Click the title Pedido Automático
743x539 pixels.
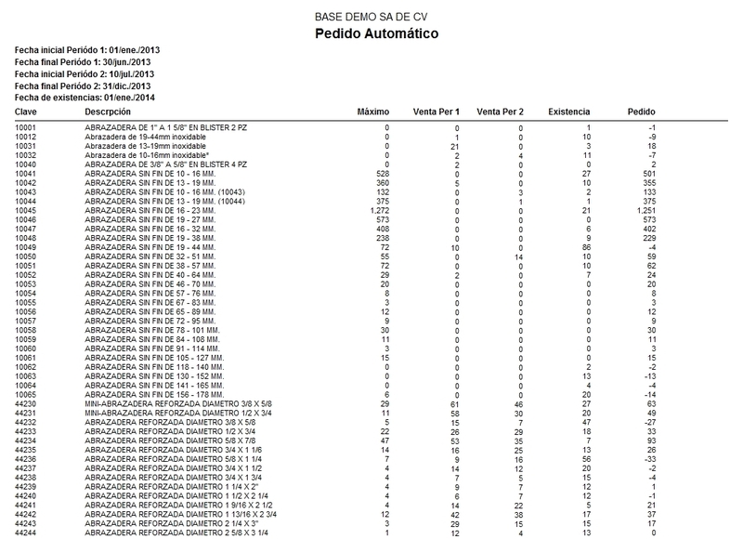pos(372,34)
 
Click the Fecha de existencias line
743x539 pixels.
pos(84,96)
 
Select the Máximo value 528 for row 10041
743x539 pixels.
pos(381,173)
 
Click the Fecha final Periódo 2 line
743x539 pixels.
pos(85,84)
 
